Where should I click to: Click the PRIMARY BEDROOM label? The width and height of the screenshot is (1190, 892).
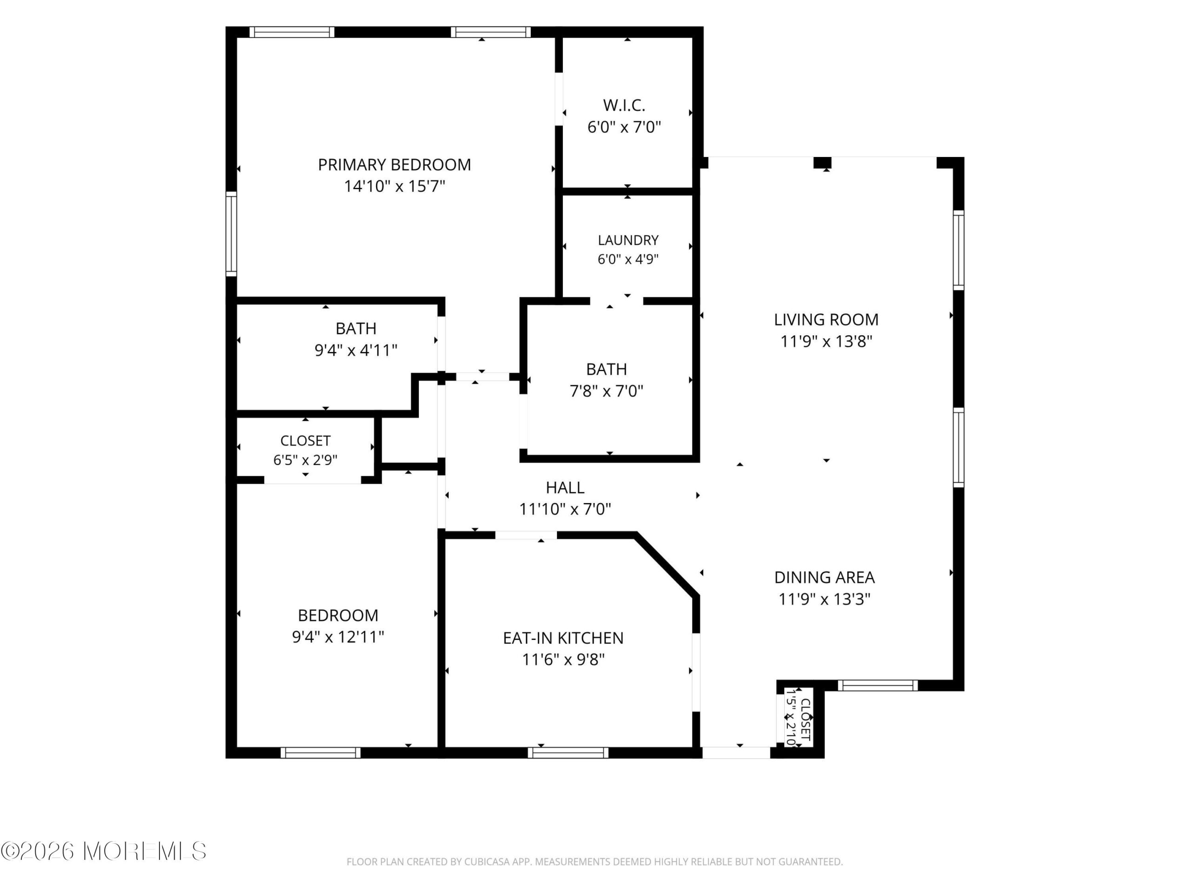click(394, 164)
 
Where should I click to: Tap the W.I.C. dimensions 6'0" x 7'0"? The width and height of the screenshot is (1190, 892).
click(624, 127)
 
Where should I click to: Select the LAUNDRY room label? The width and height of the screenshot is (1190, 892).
click(628, 240)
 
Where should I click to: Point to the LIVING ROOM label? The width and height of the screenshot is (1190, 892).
click(826, 319)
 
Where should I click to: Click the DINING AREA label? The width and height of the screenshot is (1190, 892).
click(824, 577)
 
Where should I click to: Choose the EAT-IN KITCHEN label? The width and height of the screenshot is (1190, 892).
click(563, 638)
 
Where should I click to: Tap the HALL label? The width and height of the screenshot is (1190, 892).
click(565, 488)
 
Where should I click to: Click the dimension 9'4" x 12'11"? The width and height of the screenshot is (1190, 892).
click(338, 636)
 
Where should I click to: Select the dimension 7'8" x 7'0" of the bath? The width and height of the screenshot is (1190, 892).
click(606, 391)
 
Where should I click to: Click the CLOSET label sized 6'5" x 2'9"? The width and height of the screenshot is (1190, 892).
click(305, 441)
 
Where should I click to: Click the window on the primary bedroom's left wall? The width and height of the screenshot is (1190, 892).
click(231, 234)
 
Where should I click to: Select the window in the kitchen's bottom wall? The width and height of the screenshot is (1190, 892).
click(568, 753)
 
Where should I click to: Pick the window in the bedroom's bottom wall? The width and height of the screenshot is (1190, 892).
click(321, 753)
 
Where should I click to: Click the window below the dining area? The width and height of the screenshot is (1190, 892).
click(878, 686)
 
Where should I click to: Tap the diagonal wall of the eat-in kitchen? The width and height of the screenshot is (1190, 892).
click(667, 564)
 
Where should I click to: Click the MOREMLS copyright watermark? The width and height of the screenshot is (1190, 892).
click(103, 851)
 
